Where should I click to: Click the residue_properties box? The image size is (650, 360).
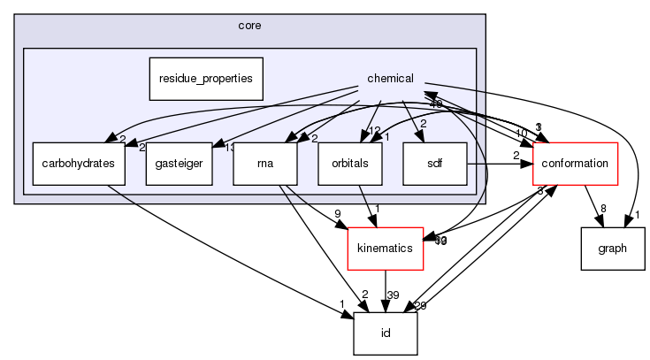click(x=206, y=78)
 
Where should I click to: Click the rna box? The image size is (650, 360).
click(x=264, y=163)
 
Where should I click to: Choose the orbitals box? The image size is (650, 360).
click(x=349, y=163)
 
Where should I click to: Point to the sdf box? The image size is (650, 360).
click(x=433, y=163)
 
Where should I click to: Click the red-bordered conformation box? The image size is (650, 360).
click(x=574, y=163)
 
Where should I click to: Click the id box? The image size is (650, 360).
click(x=385, y=333)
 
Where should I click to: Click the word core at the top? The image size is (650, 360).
click(x=249, y=27)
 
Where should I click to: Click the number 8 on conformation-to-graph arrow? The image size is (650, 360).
click(x=602, y=209)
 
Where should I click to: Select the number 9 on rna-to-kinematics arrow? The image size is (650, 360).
click(x=337, y=213)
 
